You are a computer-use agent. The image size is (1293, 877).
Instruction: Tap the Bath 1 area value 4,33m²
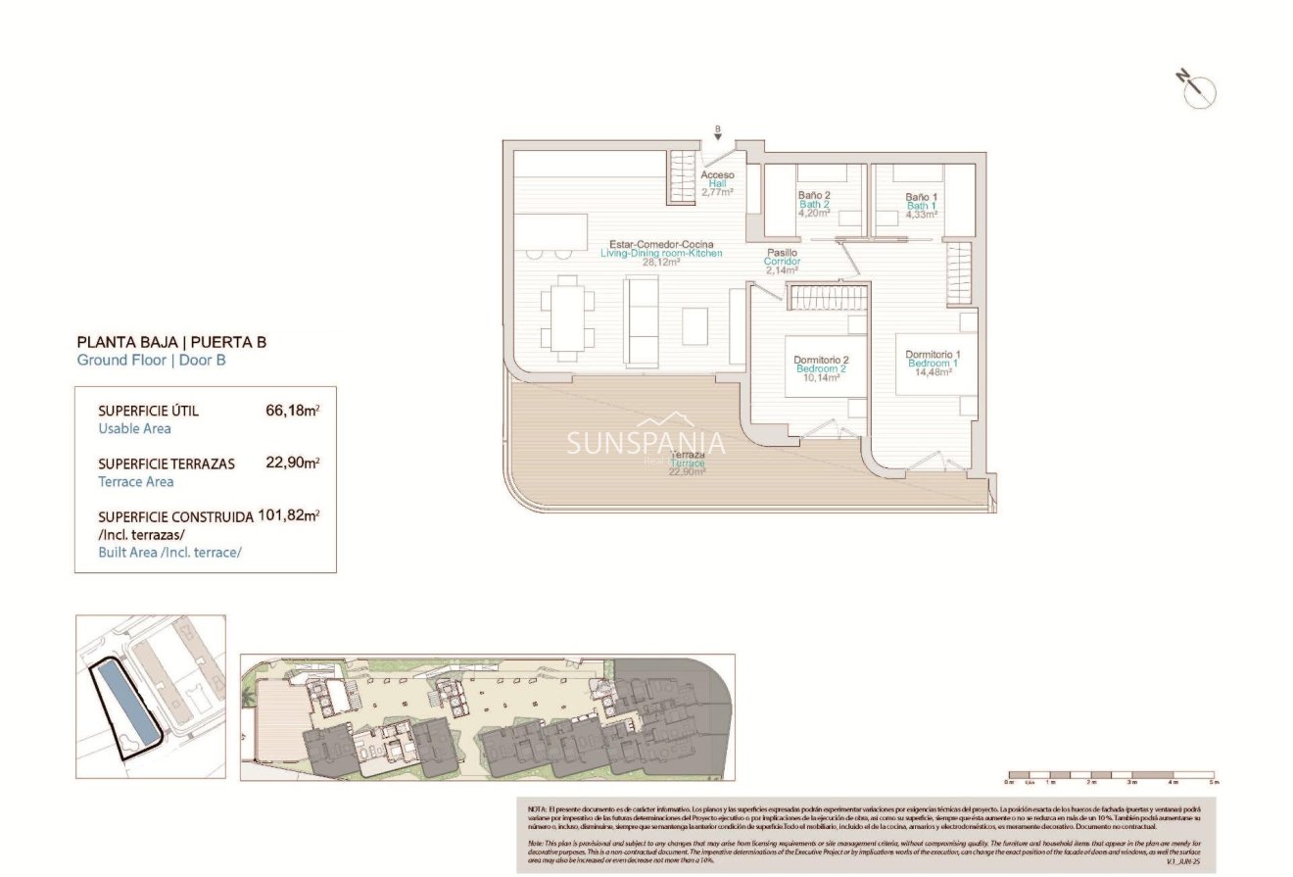click(x=921, y=214)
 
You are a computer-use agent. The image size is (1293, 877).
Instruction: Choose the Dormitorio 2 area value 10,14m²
click(x=821, y=377)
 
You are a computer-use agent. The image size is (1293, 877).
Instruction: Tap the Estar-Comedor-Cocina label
click(x=661, y=244)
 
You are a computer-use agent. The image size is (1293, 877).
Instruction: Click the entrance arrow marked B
click(x=717, y=134)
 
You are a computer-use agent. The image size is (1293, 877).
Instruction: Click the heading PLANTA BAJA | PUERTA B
click(x=171, y=343)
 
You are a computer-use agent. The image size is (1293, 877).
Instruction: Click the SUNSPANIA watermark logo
click(x=646, y=444)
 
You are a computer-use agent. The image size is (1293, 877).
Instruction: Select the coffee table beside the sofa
click(x=695, y=326)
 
